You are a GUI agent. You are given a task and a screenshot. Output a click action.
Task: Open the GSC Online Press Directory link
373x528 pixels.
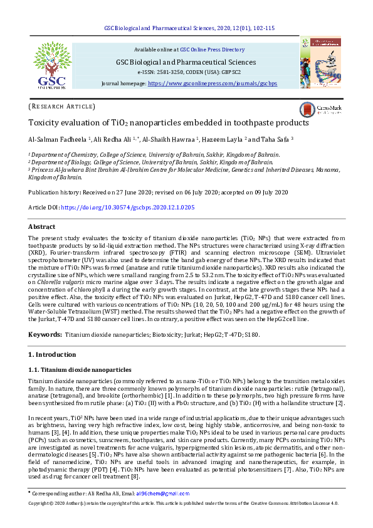tap(213, 49)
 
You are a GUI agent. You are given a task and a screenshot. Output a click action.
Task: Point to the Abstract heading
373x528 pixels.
tap(43, 227)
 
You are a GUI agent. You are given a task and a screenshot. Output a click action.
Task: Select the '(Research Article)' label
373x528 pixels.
tap(62, 107)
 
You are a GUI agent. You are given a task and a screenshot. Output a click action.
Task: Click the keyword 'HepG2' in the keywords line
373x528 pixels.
tap(197, 335)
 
